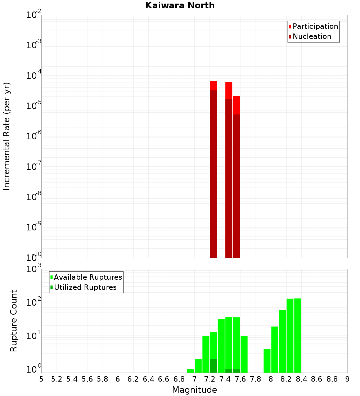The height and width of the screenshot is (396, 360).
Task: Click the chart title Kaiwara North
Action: click(180, 5)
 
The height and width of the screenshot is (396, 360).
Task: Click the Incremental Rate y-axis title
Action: click(6, 136)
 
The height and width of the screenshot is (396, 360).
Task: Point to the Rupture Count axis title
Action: click(14, 320)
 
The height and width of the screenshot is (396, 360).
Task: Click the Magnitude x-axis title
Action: click(194, 390)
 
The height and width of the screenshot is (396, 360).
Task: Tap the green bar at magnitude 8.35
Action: click(298, 335)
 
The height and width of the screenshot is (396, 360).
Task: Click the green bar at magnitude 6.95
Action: click(191, 371)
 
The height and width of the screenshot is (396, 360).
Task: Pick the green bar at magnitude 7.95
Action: click(267, 361)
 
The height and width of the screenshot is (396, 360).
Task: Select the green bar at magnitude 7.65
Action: click(244, 354)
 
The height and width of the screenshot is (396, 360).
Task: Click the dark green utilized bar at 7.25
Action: click(213, 366)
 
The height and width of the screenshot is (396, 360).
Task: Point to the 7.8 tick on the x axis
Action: click(256, 379)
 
